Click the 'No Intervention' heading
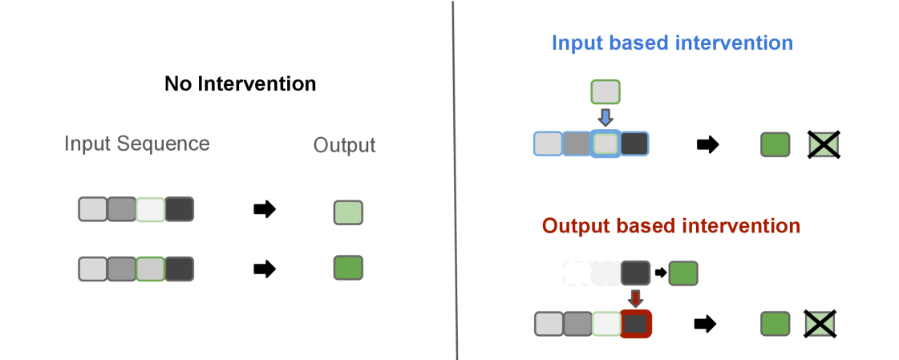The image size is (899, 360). click(240, 83)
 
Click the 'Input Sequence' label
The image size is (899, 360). click(137, 144)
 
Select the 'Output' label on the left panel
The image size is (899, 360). click(344, 145)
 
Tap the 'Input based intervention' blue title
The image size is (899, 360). click(672, 42)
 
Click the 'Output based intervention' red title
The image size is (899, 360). click(670, 225)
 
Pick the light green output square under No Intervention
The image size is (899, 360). click(348, 212)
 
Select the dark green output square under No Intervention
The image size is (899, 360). click(348, 267)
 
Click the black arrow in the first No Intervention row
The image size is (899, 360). click(264, 210)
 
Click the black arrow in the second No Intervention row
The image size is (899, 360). click(264, 269)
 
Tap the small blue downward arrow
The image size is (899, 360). click(605, 116)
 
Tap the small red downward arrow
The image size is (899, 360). click(635, 298)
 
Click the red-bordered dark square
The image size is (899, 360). click(635, 324)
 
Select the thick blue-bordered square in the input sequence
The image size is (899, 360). click(605, 144)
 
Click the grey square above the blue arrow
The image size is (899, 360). click(605, 91)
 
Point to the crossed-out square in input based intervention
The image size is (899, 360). click(824, 144)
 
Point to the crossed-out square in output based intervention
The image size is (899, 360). click(820, 324)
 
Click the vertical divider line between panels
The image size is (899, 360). click(455, 180)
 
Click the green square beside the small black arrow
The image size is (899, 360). click(683, 273)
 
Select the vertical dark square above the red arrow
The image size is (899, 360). click(634, 273)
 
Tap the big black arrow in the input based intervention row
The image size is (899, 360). click(707, 145)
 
